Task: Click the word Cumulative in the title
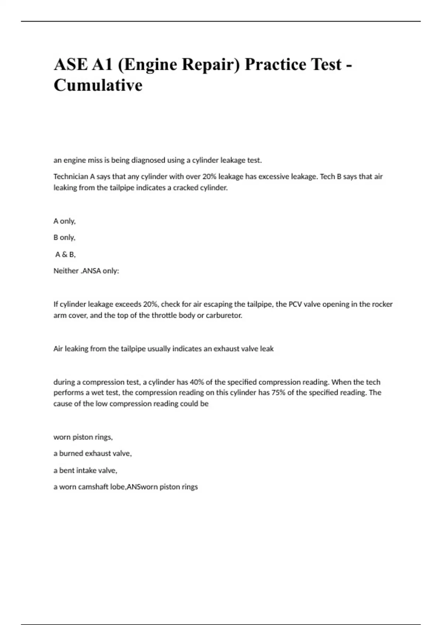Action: pos(98,85)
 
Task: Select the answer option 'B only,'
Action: pos(64,238)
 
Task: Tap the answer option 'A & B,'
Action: pos(65,254)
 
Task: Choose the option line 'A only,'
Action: pos(64,221)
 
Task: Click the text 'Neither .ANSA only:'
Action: pos(86,271)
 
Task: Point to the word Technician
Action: pos(71,176)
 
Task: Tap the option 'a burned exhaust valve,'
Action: pos(92,454)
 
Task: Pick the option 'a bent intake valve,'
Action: pos(85,470)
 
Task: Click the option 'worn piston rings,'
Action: pos(83,437)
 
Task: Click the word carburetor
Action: pos(224,315)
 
